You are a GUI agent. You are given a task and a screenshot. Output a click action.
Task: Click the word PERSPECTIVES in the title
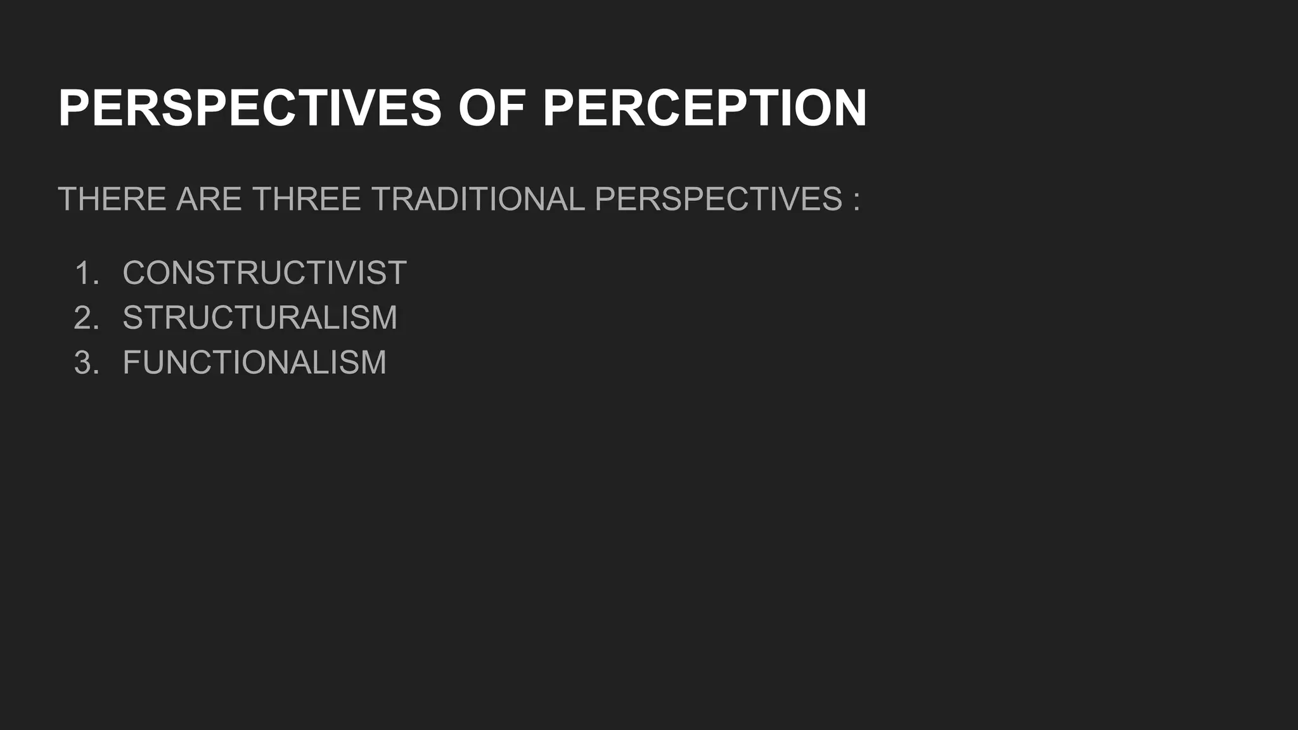point(250,108)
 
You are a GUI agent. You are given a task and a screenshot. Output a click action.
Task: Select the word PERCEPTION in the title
point(704,108)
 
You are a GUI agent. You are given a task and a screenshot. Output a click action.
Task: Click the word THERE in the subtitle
point(112,199)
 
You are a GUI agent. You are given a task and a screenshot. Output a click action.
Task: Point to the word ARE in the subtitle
point(209,199)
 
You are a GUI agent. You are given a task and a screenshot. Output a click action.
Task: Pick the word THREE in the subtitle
point(307,199)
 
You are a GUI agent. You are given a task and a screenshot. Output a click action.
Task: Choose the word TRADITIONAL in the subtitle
point(478,199)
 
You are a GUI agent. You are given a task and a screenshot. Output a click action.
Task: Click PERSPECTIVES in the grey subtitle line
point(719,199)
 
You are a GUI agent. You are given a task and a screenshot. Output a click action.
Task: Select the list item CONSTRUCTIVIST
point(264,273)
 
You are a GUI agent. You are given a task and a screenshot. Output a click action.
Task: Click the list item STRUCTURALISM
point(260,317)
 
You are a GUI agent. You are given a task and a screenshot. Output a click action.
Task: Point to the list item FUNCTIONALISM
point(254,362)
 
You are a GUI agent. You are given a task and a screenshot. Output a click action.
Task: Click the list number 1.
point(86,273)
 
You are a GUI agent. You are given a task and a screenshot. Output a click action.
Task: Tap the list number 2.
point(86,317)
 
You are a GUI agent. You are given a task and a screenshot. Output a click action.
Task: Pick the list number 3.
point(86,362)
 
